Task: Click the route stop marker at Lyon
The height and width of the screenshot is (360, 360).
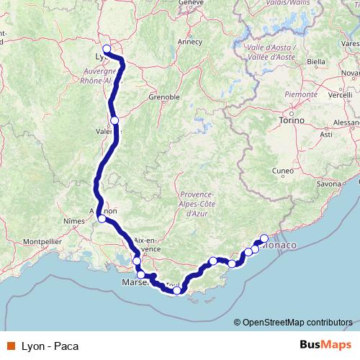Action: (x=107, y=50)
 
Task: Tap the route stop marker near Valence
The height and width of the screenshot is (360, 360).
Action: (x=114, y=120)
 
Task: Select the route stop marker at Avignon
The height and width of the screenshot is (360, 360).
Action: (x=102, y=218)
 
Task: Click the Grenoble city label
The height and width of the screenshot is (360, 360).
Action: (x=163, y=96)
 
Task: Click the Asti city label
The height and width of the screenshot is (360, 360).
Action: (x=325, y=134)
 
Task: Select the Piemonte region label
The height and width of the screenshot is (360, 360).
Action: (x=301, y=94)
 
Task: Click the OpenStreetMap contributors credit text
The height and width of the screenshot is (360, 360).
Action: (x=297, y=322)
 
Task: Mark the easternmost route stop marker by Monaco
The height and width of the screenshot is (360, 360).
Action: (x=264, y=238)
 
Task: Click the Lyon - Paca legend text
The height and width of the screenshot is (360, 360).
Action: (x=46, y=346)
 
